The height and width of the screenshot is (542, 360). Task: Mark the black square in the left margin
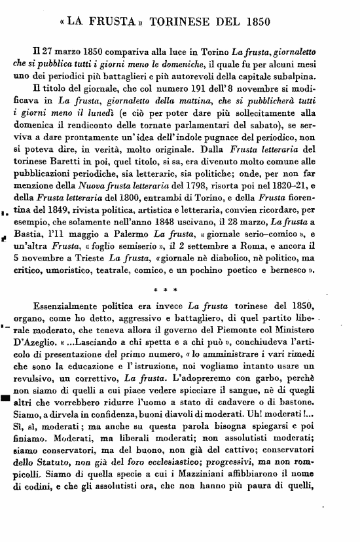(5, 400)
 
